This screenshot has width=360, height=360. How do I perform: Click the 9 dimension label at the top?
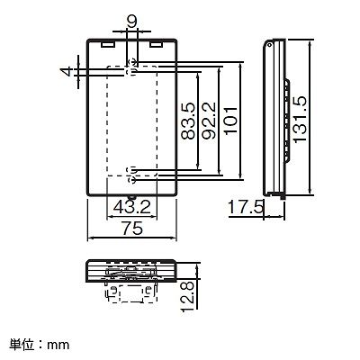[132, 22]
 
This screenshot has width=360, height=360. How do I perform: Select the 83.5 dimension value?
[188, 121]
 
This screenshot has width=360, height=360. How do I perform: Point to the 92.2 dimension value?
[209, 121]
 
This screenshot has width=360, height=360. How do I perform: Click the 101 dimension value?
[231, 121]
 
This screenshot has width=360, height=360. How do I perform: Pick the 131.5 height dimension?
[301, 120]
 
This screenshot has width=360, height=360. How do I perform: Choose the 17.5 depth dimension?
[247, 208]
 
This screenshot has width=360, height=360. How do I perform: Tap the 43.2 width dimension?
[132, 207]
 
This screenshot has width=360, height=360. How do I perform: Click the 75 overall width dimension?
[132, 229]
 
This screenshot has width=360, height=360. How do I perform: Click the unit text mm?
[58, 345]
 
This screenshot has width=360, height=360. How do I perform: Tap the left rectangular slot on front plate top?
[108, 44]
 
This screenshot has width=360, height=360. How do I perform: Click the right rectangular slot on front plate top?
[157, 44]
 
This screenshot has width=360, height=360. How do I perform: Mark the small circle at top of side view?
[269, 46]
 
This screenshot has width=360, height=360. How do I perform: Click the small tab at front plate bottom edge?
[132, 197]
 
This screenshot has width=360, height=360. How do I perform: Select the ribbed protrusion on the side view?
[287, 120]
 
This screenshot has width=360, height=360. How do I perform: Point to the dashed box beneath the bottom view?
[132, 293]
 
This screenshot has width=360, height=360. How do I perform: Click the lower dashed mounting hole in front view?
[131, 175]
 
